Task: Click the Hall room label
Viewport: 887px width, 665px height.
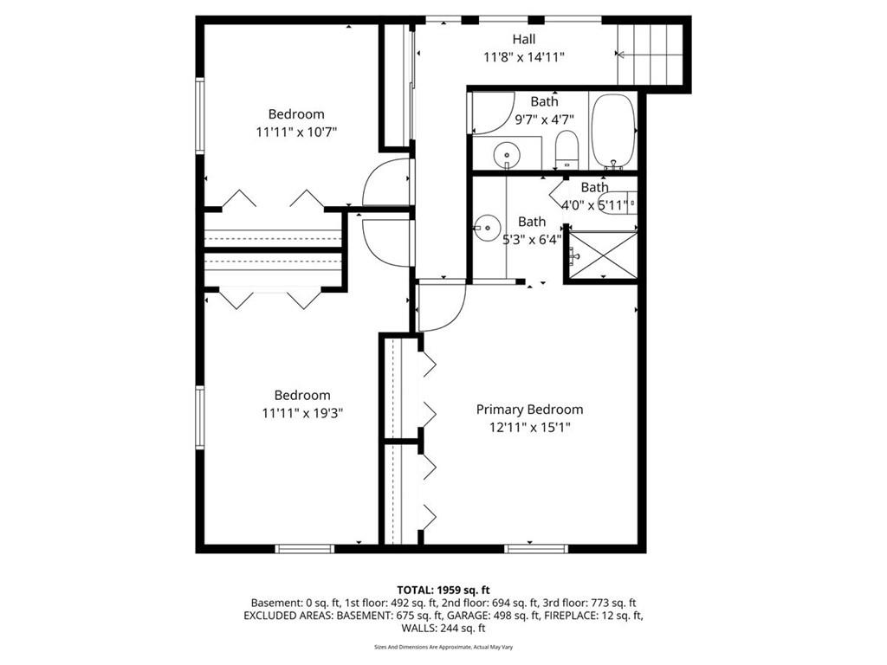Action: click(524, 40)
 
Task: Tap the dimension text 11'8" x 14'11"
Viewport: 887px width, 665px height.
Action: click(524, 57)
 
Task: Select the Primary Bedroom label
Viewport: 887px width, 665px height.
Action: click(529, 410)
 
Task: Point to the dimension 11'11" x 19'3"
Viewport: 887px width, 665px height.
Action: click(302, 413)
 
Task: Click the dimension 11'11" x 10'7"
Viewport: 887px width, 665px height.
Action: click(296, 132)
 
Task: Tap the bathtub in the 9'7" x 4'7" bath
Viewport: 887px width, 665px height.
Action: click(613, 132)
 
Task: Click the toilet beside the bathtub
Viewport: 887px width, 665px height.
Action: click(567, 150)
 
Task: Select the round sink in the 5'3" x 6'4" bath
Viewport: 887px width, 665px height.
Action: click(485, 228)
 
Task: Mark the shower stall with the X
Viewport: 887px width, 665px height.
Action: click(603, 255)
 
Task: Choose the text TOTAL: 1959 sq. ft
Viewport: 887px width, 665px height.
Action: click(443, 591)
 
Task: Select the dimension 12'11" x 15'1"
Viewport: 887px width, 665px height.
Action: click(529, 427)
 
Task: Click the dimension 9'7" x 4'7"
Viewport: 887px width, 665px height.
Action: click(544, 119)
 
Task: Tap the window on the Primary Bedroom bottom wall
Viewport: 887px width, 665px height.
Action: click(535, 548)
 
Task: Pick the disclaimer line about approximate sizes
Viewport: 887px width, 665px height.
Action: click(443, 647)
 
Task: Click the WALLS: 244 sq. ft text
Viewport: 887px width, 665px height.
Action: click(443, 628)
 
